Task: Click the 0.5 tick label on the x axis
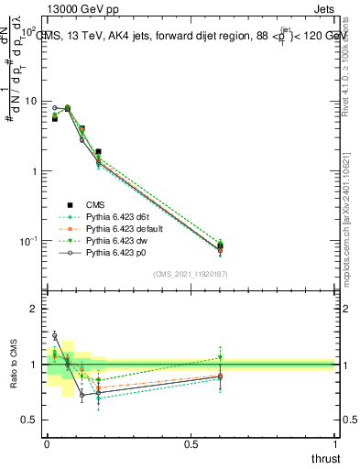click(x=191, y=445)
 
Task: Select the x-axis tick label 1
click(x=334, y=445)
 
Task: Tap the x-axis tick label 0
click(x=47, y=445)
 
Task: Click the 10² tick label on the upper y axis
click(x=29, y=31)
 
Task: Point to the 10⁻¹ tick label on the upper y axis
click(x=29, y=241)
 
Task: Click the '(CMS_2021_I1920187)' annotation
click(x=191, y=273)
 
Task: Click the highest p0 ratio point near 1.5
click(x=54, y=335)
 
